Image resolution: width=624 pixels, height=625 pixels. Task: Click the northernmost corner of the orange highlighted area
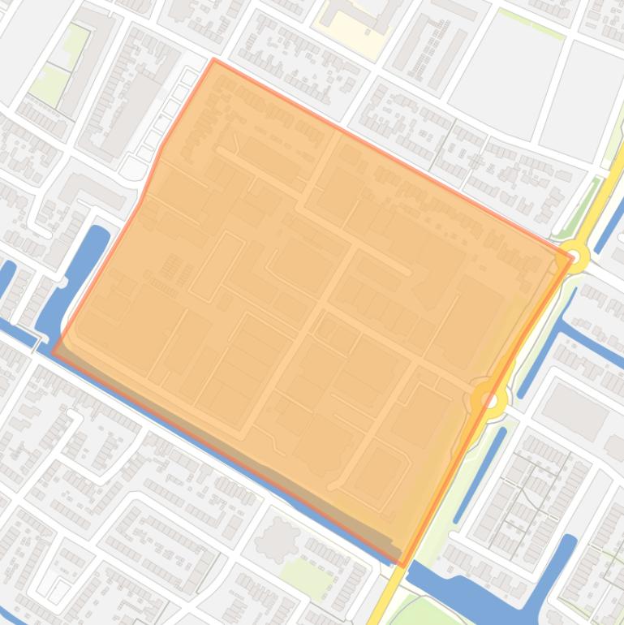(x=215, y=60)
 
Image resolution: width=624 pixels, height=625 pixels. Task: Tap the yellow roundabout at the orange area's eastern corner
(x=575, y=256)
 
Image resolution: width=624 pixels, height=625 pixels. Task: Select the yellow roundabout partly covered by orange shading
(x=489, y=399)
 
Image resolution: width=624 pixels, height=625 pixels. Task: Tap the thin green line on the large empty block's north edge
(x=531, y=24)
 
